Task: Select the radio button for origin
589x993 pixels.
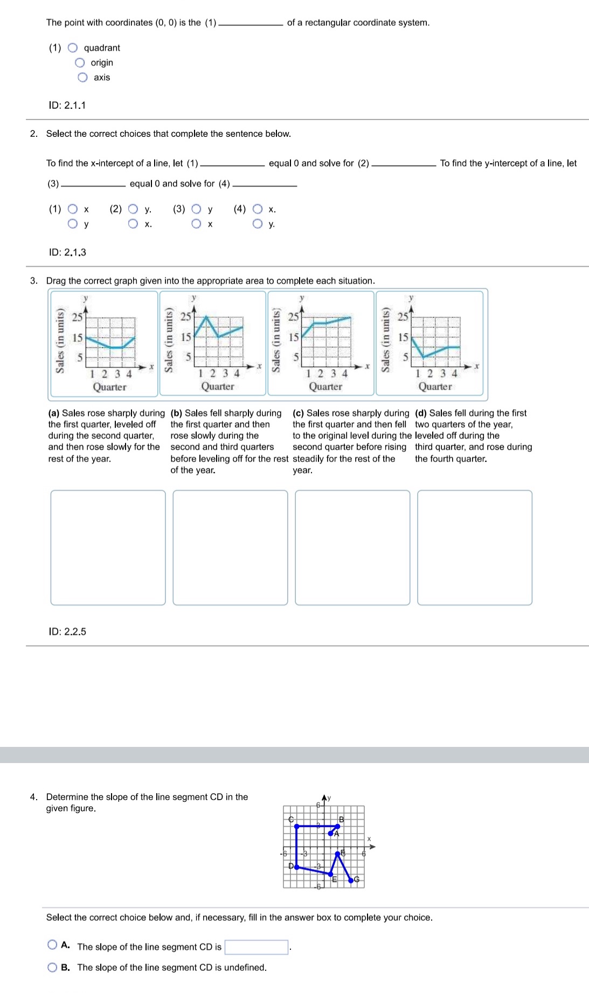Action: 80,62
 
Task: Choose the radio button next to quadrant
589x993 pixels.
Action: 73,48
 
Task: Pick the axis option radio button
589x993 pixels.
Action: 82,78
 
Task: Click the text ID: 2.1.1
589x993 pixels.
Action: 67,106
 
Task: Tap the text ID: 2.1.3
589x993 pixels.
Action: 67,253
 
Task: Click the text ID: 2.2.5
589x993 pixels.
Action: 67,632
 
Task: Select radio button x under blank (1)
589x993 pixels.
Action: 73,209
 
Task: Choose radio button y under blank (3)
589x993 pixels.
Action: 197,209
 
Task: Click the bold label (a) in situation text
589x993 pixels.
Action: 53,413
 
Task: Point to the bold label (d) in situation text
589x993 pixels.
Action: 421,413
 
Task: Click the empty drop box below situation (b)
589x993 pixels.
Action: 230,547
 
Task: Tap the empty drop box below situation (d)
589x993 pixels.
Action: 474,547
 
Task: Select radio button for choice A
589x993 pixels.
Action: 52,945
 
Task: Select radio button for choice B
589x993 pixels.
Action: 52,967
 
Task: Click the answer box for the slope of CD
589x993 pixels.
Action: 256,947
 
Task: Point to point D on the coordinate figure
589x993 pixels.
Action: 296,867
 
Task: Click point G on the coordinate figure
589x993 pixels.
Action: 351,880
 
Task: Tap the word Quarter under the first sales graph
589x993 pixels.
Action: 109,387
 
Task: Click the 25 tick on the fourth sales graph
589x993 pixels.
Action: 403,317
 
